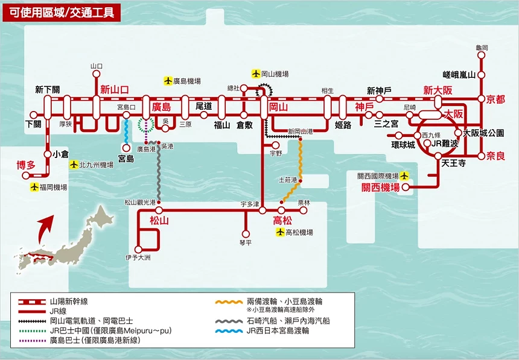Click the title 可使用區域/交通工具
62,11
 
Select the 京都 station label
495,99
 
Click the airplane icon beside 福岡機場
34,188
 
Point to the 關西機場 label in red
381,188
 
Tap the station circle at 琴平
245,234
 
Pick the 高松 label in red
282,221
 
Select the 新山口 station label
115,89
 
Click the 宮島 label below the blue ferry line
126,159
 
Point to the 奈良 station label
495,156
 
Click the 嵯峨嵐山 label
459,75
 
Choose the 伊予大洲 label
138,257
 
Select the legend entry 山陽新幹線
65,301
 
